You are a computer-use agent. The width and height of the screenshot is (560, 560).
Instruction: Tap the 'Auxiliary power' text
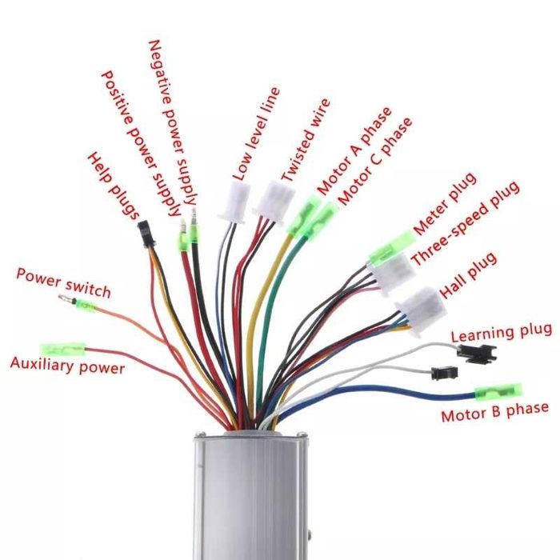tap(67, 366)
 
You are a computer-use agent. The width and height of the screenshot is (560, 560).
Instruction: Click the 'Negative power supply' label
tap(174, 120)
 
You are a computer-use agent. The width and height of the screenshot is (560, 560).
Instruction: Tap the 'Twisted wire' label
tap(305, 140)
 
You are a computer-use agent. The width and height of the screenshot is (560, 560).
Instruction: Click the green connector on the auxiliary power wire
tap(62, 349)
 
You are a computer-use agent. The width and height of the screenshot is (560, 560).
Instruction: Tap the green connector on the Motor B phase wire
tap(498, 392)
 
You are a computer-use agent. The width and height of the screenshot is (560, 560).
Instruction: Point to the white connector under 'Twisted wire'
tap(274, 198)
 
